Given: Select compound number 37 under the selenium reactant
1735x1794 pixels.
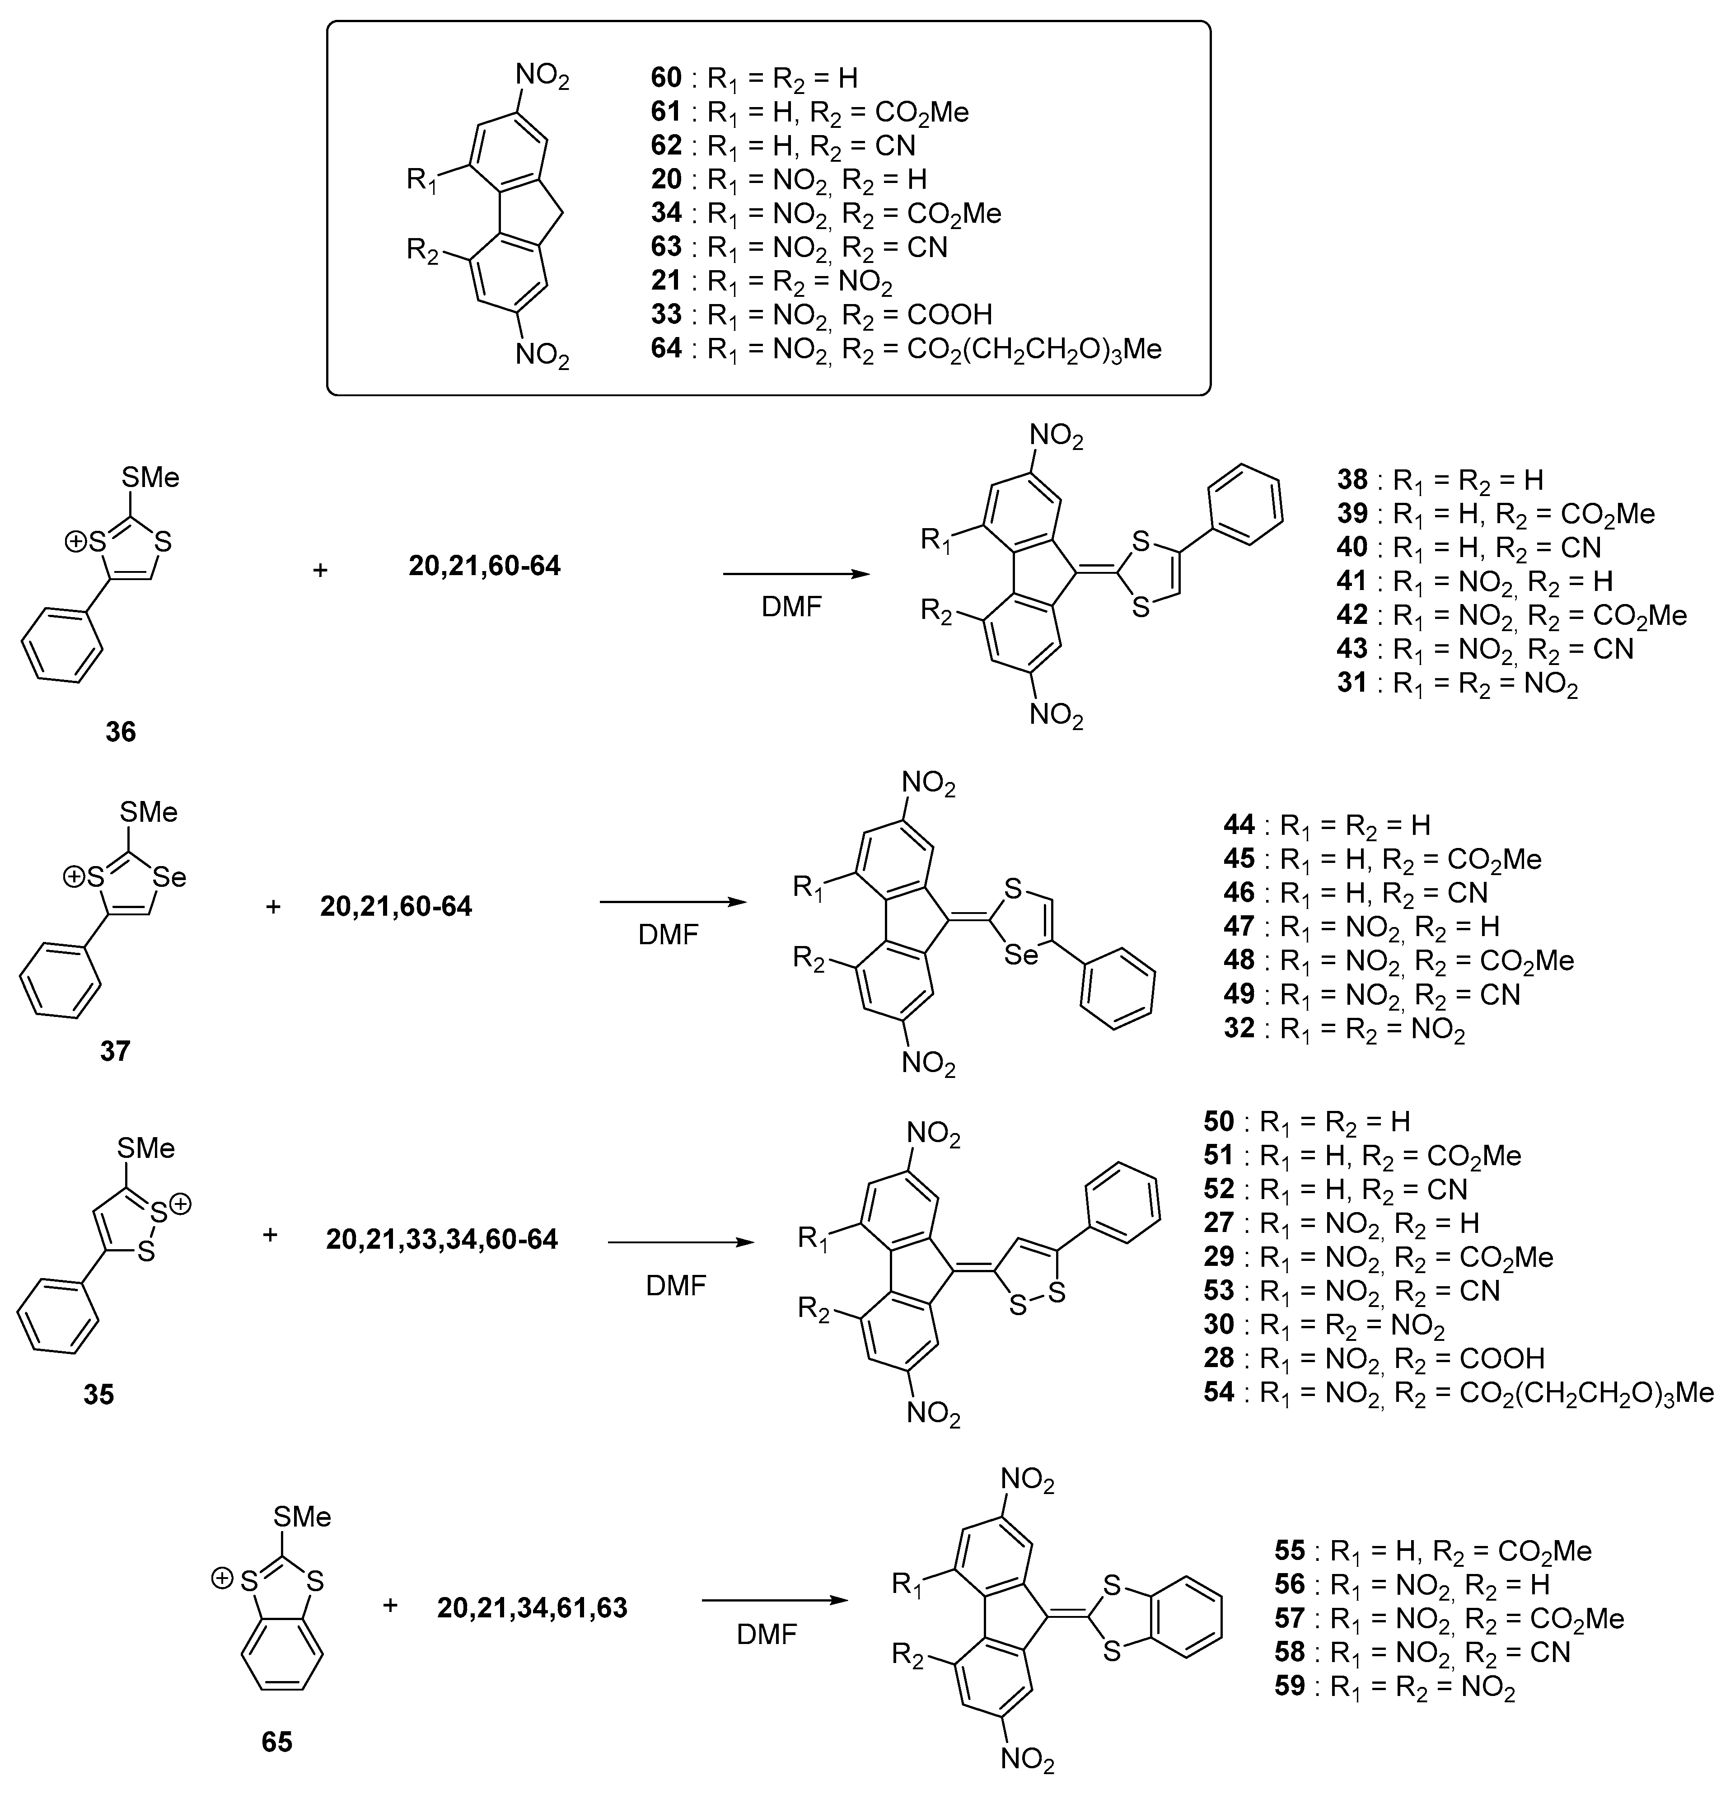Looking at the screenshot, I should tap(115, 1051).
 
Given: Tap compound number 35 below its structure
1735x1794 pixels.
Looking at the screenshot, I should tap(99, 1394).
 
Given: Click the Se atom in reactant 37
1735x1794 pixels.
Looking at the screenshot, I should tap(169, 878).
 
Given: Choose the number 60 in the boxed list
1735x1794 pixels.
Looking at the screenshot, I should tap(666, 78).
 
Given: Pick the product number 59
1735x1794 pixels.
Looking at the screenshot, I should tap(1289, 1685).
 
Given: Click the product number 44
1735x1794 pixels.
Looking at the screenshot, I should tap(1239, 824).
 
